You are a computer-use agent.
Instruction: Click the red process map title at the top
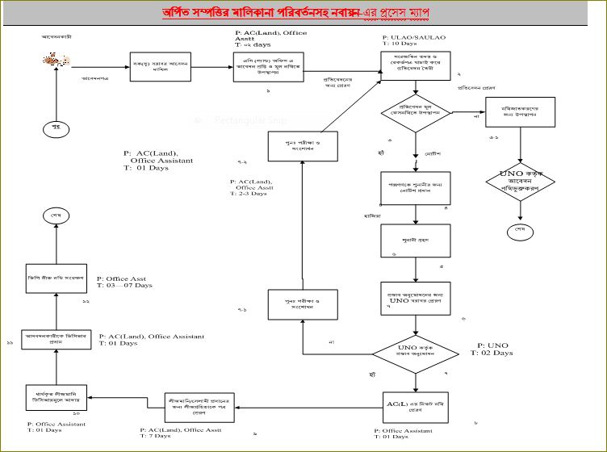(303, 14)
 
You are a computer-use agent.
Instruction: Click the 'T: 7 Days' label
(156, 436)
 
